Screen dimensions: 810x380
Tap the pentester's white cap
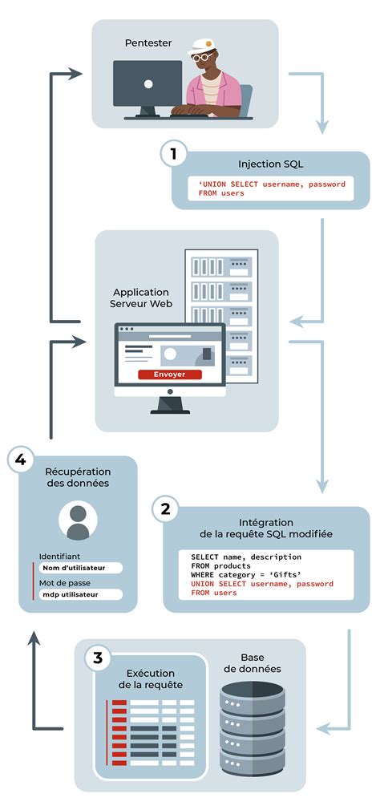pos(202,48)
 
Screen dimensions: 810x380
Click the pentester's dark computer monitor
pos(148,83)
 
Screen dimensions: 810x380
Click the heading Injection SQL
pos(271,164)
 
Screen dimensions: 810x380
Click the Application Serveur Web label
pos(141,298)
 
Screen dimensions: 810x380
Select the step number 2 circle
pos(165,508)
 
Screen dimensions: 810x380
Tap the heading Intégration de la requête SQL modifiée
pos(265,528)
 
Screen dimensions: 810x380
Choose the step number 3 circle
pos(97,658)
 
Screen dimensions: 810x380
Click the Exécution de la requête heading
pos(151,678)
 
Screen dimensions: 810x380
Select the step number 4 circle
pos(19,460)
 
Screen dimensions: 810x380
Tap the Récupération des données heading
pos(78,477)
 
